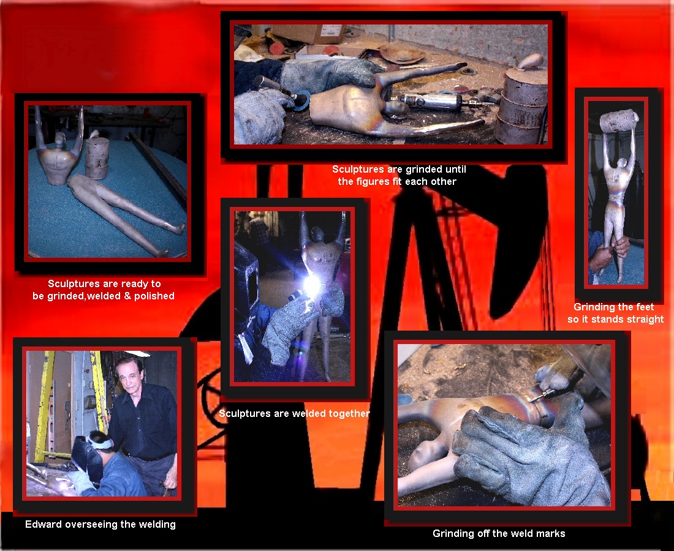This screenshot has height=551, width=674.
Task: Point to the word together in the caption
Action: click(x=349, y=414)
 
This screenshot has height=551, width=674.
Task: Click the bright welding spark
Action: click(x=311, y=284)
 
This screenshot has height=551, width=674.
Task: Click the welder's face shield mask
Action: click(x=87, y=456)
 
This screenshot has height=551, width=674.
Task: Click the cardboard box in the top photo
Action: click(x=308, y=33)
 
